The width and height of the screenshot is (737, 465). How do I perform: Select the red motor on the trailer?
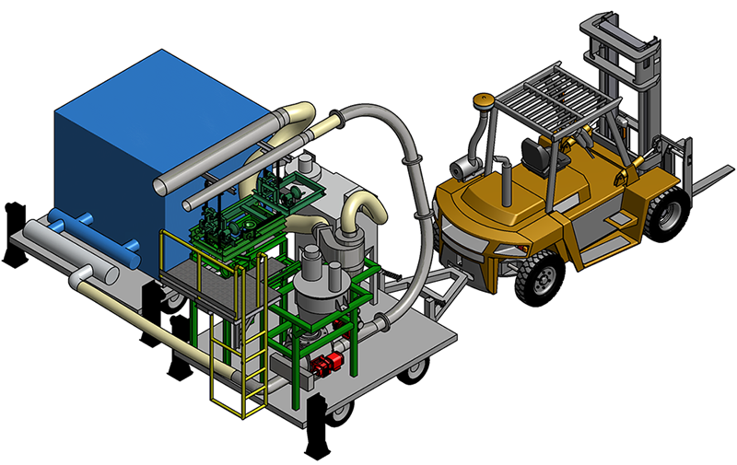pyautogui.click(x=325, y=366)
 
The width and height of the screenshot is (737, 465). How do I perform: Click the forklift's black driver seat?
pyautogui.click(x=533, y=151)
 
